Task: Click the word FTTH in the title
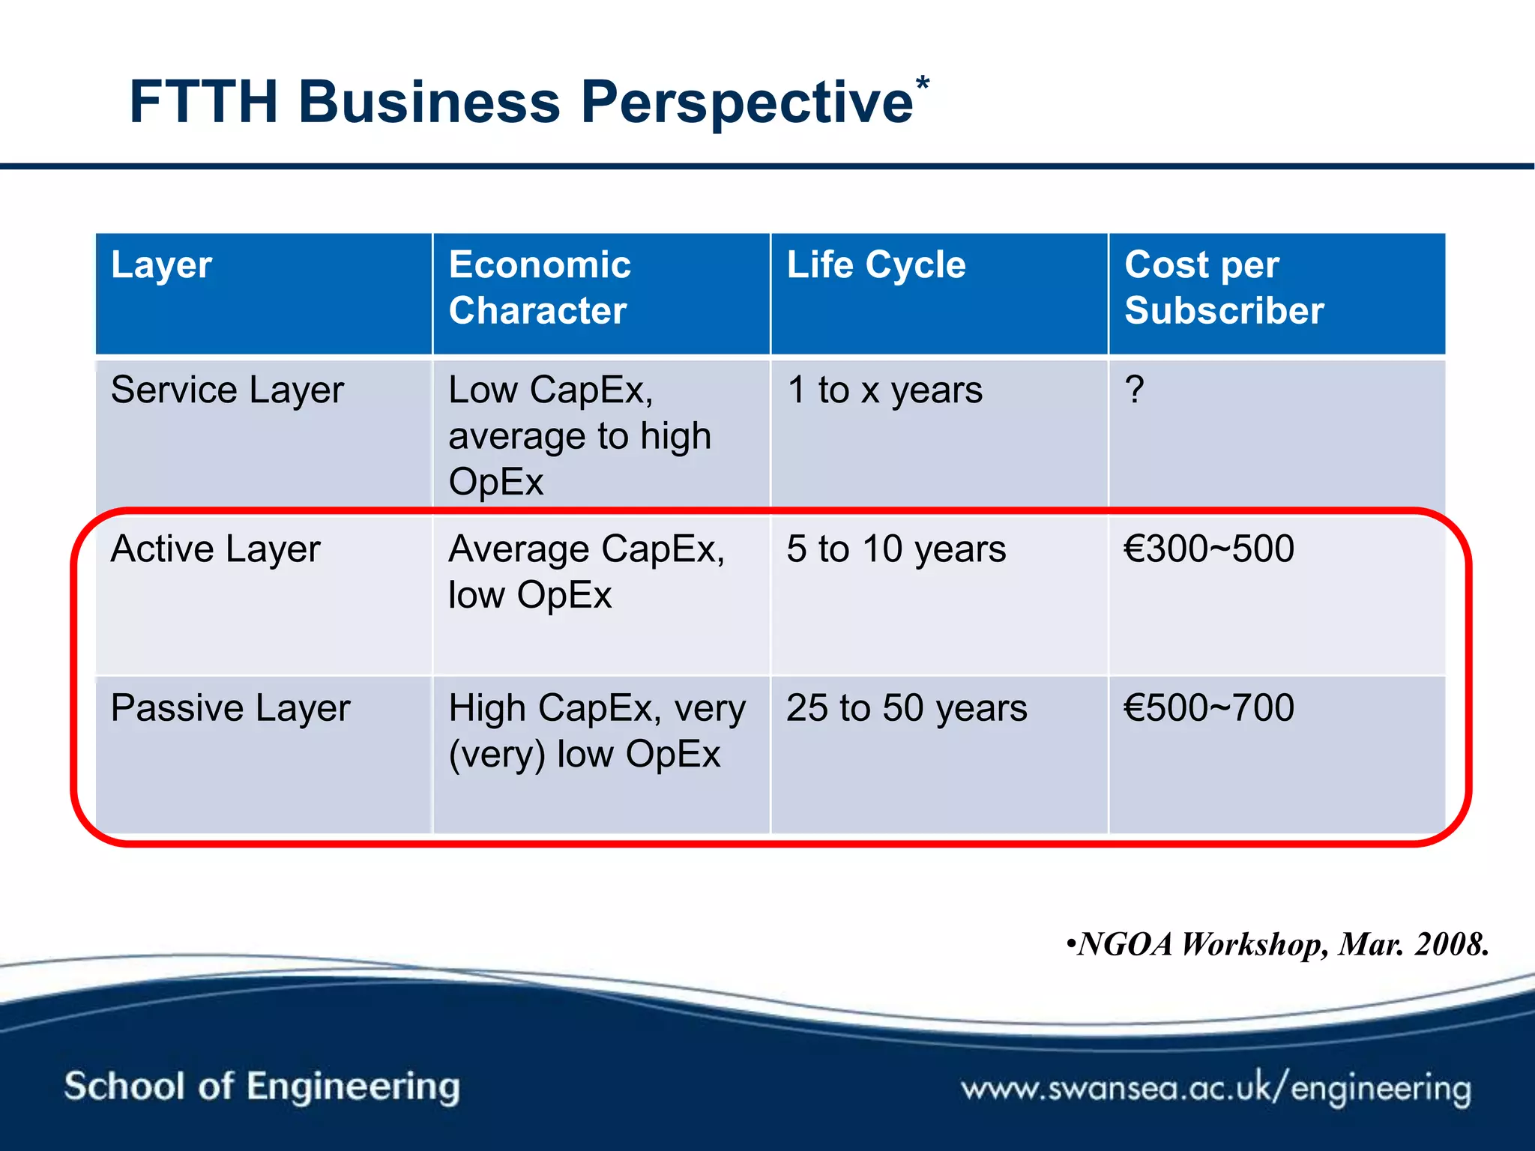coord(204,102)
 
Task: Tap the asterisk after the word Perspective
coord(922,85)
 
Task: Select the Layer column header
coord(162,265)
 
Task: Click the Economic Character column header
coord(540,288)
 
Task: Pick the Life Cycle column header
coord(876,265)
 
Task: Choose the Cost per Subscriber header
coord(1223,288)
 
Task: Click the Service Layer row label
coord(227,390)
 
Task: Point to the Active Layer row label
coord(215,549)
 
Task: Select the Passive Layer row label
coord(230,708)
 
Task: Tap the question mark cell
coord(1135,390)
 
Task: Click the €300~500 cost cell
coord(1208,549)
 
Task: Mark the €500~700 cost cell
coord(1208,708)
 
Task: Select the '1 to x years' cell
coord(884,390)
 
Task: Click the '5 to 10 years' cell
coord(896,549)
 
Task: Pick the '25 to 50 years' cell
coord(906,708)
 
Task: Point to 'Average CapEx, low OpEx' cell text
coord(586,572)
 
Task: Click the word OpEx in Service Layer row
coord(495,482)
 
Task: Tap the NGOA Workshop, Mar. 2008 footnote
coord(1277,944)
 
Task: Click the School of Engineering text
coord(262,1087)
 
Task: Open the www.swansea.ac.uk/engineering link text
coord(1216,1088)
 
